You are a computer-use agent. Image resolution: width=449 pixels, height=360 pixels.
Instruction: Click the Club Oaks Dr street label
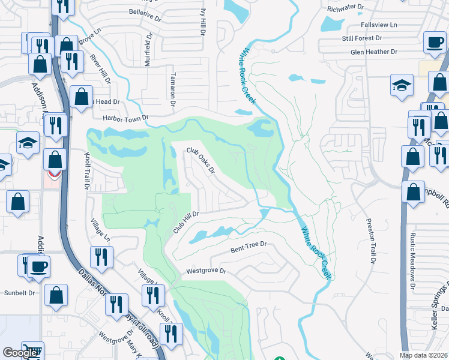point(200,160)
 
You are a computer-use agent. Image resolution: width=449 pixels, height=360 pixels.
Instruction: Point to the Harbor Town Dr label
point(125,118)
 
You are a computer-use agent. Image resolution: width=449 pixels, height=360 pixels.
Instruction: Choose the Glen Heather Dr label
point(375,52)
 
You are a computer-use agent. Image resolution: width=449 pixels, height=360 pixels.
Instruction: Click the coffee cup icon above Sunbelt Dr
point(39,266)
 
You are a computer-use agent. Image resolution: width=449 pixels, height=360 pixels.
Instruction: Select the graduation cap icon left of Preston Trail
point(402,86)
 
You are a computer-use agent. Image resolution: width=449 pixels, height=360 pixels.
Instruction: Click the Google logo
point(20,353)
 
